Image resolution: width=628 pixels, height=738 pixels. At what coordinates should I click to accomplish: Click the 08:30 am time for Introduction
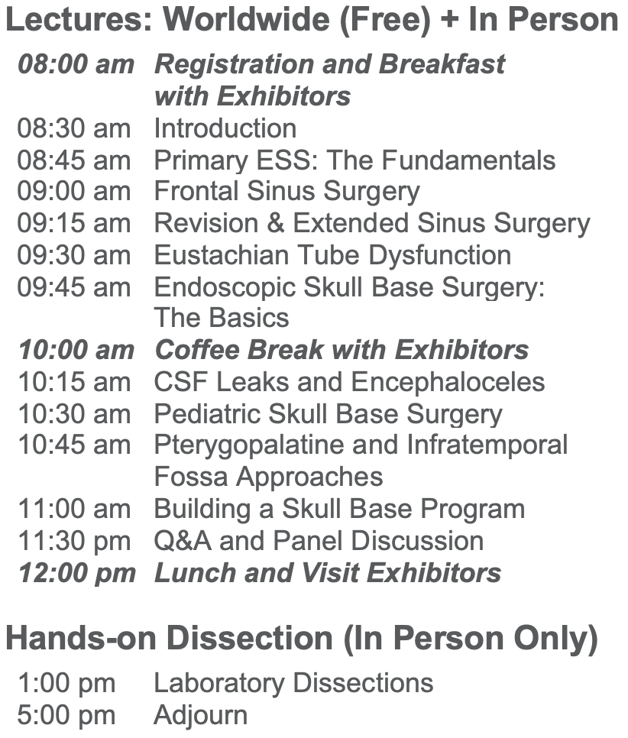pos(74,128)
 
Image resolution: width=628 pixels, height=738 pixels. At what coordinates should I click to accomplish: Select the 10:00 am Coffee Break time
pos(76,350)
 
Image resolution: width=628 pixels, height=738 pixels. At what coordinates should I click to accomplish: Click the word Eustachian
pos(222,255)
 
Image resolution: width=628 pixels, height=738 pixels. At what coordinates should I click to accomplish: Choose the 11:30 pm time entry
pos(74,541)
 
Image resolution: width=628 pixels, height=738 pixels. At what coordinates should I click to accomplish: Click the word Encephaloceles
pos(448,382)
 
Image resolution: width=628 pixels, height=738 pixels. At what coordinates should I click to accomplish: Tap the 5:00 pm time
pos(66,715)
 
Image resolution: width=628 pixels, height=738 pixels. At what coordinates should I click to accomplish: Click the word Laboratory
pos(219,684)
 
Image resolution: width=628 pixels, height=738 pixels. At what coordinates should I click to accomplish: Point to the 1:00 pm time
pos(66,683)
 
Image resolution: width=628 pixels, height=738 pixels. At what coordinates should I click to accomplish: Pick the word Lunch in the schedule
pos(195,573)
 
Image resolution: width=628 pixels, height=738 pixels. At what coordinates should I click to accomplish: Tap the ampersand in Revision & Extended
pos(275,222)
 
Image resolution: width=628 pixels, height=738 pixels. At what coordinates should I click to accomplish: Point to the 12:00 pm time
pos(76,573)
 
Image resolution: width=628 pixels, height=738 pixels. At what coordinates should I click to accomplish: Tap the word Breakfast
pos(442,64)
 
